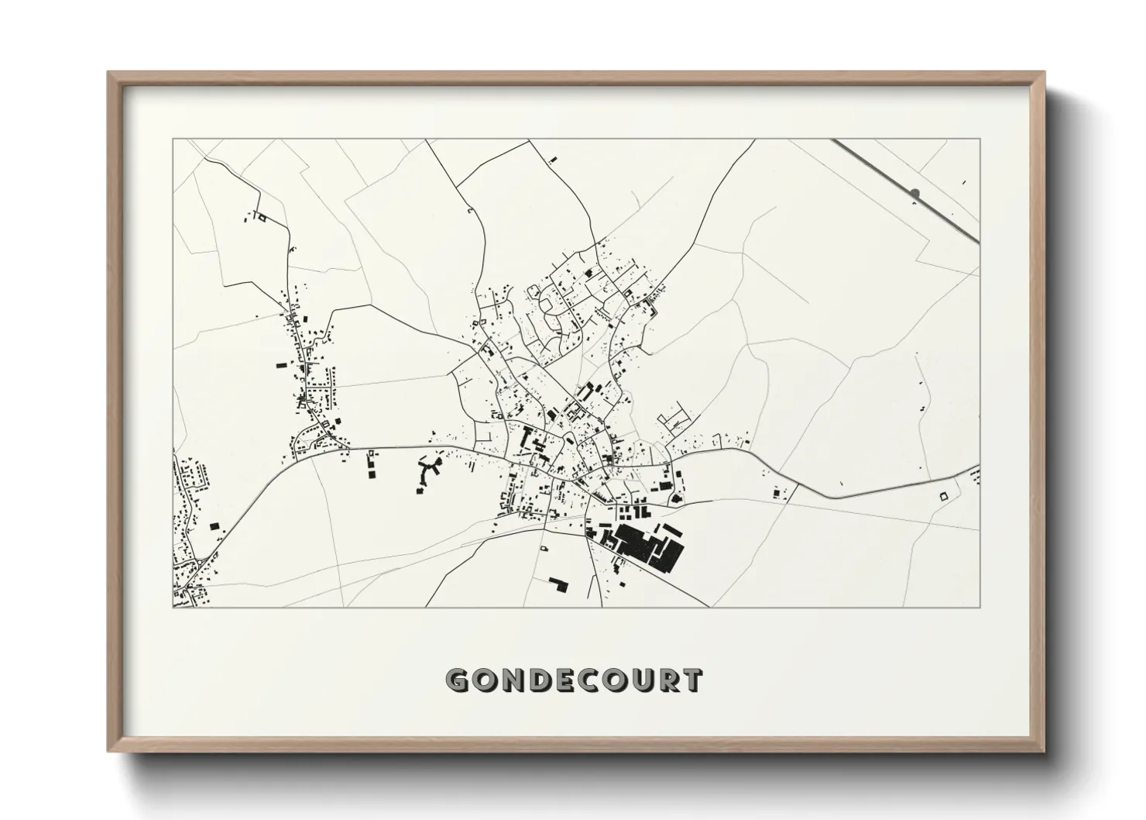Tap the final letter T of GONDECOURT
click(x=692, y=680)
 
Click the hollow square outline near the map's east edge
click(x=943, y=495)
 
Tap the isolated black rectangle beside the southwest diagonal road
click(x=214, y=526)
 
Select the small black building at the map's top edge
click(x=552, y=160)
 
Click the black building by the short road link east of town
click(x=775, y=493)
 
